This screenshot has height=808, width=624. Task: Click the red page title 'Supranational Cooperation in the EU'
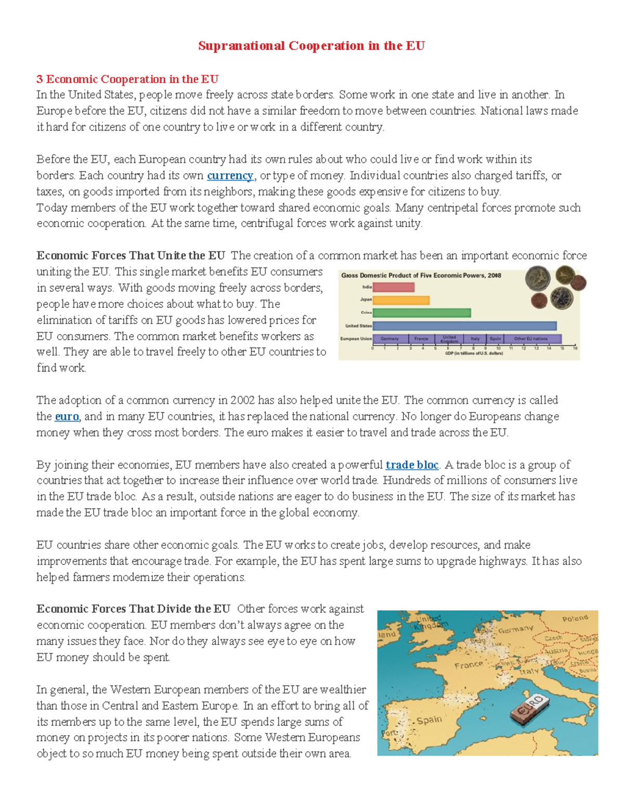click(x=311, y=46)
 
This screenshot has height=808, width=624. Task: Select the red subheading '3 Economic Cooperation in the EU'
click(x=127, y=79)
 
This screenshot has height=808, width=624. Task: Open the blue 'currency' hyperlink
click(x=230, y=175)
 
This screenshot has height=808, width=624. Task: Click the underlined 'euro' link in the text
click(x=67, y=416)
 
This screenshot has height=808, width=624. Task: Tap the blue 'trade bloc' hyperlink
click(x=412, y=465)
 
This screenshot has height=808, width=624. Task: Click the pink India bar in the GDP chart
click(x=394, y=287)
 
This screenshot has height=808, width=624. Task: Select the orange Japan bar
click(x=401, y=300)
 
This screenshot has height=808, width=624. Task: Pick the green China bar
click(x=422, y=313)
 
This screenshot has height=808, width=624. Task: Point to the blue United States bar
click(x=464, y=326)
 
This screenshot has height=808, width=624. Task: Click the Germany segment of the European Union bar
click(x=390, y=339)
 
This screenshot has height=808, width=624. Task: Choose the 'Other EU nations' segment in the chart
click(x=531, y=339)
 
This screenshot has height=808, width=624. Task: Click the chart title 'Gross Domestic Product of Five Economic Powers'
click(x=421, y=275)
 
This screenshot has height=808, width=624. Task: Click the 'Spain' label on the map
click(x=429, y=720)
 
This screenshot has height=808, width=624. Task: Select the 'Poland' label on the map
click(x=575, y=619)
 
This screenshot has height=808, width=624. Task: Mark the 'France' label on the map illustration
click(x=469, y=665)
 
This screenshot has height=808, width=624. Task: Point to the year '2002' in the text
click(x=243, y=400)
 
